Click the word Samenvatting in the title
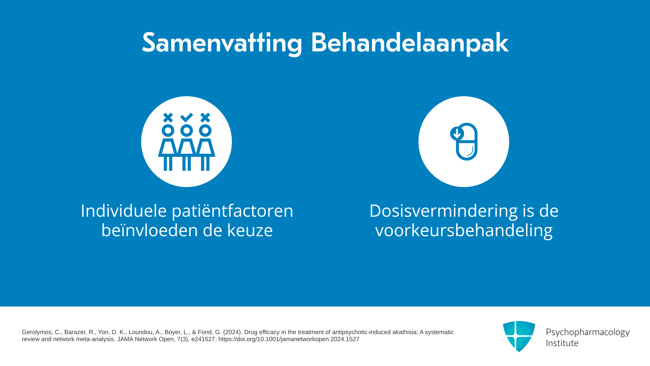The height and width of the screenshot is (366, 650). (x=222, y=43)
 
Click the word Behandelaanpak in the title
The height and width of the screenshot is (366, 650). (x=410, y=43)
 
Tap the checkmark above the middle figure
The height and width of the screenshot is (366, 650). (x=187, y=117)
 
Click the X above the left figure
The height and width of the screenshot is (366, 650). (x=168, y=118)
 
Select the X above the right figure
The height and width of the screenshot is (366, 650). (x=205, y=118)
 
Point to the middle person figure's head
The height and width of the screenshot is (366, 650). (x=187, y=130)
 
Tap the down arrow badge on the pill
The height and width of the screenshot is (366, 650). (x=457, y=134)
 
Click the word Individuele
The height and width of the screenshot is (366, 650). (x=124, y=211)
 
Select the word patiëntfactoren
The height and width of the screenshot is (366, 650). (x=233, y=211)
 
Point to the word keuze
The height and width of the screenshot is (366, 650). (x=250, y=230)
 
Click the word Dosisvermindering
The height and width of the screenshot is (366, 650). (x=443, y=211)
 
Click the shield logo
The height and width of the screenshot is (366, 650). (x=519, y=336)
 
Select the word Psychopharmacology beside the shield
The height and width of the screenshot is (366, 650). (x=588, y=333)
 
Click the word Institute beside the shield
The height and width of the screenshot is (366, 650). (x=562, y=343)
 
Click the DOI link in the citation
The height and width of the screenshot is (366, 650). (x=289, y=339)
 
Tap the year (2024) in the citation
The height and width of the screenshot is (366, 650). (x=232, y=332)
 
